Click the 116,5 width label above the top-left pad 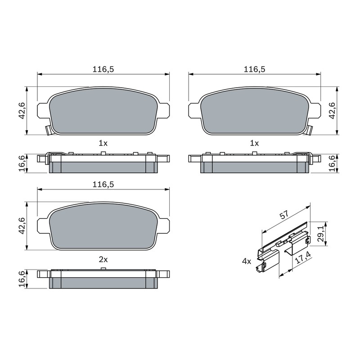tap(103, 69)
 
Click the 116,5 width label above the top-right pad tap(254, 69)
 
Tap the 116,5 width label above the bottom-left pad tap(103, 184)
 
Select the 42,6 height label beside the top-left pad tap(22, 111)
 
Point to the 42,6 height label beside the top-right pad tap(332, 111)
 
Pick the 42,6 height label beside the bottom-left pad tap(22, 226)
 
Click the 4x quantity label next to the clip tap(247, 261)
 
